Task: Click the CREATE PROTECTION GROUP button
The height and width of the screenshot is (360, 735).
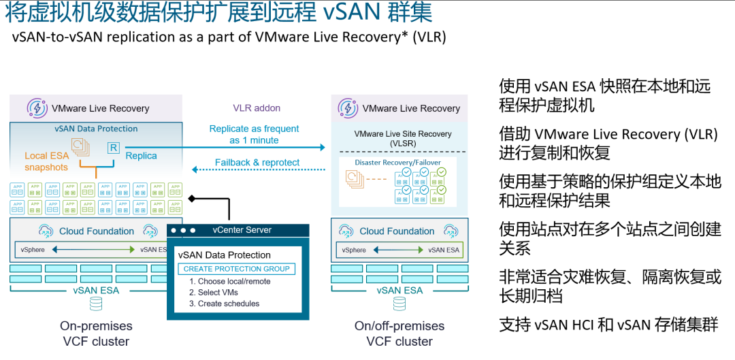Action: coord(237,269)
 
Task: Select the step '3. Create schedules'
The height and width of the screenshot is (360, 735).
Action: coord(224,304)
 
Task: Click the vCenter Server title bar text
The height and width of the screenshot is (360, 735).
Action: coord(242,230)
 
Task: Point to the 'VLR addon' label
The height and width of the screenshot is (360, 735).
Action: coord(257,108)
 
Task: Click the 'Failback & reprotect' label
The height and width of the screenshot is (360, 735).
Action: coord(257,163)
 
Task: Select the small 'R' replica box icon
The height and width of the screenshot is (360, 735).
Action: coord(113,148)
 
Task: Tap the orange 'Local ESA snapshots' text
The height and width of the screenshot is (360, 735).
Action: coord(46,161)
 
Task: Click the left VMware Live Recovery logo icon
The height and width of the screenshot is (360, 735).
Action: coord(37,108)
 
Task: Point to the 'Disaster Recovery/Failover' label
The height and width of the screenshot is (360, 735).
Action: coord(397,163)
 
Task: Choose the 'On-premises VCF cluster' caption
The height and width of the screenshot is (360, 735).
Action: coord(96,333)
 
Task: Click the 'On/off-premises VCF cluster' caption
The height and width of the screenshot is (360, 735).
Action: coord(399,333)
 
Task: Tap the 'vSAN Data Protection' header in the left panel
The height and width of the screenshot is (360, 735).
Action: coord(96,129)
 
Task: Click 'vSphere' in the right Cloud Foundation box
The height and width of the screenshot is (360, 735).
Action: coord(354,250)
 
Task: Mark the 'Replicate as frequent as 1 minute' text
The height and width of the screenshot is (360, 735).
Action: coord(254,134)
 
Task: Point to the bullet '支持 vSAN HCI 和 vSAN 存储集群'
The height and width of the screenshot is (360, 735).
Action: coord(608,325)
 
